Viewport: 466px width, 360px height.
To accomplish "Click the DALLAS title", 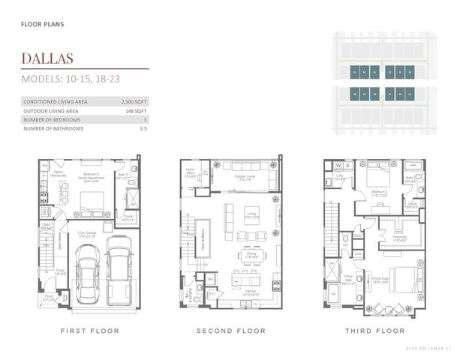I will (47, 58).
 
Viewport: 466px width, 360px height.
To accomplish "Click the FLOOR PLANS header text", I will (42, 24).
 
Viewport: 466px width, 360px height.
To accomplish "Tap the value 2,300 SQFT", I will (133, 101).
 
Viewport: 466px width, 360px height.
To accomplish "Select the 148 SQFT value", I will (135, 110).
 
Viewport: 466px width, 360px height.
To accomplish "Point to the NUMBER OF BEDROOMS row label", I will (53, 119).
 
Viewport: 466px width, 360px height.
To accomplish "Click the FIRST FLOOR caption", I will (90, 331).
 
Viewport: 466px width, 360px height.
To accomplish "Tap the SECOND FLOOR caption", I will (230, 331).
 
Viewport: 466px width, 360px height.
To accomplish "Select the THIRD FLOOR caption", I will (375, 331).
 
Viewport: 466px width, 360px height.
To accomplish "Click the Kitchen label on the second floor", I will (251, 294).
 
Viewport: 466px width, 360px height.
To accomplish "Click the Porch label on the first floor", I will (49, 295).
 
